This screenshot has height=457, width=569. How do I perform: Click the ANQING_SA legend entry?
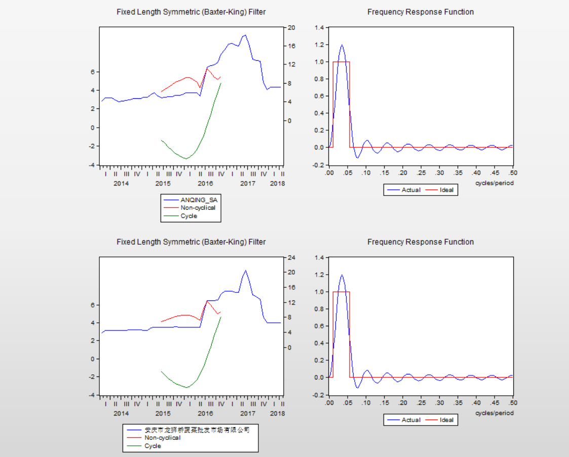point(198,200)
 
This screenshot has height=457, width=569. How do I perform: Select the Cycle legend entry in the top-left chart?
point(188,216)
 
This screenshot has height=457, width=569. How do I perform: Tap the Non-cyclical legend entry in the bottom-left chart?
point(162,438)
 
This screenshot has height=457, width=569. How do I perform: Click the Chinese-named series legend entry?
point(197,430)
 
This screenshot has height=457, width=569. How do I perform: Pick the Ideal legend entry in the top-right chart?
point(446,190)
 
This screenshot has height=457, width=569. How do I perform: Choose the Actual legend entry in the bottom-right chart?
point(410,420)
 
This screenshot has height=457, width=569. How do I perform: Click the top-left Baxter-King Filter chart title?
point(191,12)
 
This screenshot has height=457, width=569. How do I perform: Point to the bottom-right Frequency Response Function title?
point(421,242)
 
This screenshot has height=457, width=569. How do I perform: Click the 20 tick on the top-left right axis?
point(291,27)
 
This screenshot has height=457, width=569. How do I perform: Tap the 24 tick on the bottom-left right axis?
point(291,257)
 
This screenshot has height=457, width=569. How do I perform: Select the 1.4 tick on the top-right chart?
point(319,27)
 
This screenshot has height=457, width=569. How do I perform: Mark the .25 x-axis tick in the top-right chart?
point(421,173)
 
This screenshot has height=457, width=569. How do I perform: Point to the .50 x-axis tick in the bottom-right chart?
point(512,403)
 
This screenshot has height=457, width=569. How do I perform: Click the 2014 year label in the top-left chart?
point(121,183)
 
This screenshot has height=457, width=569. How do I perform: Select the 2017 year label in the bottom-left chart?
point(247,413)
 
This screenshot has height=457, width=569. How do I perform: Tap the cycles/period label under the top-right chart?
point(494,183)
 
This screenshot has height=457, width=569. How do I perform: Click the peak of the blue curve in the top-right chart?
point(342,45)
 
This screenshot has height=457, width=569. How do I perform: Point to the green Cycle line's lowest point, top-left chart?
point(186,159)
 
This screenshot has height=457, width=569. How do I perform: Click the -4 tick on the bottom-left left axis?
point(92,395)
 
